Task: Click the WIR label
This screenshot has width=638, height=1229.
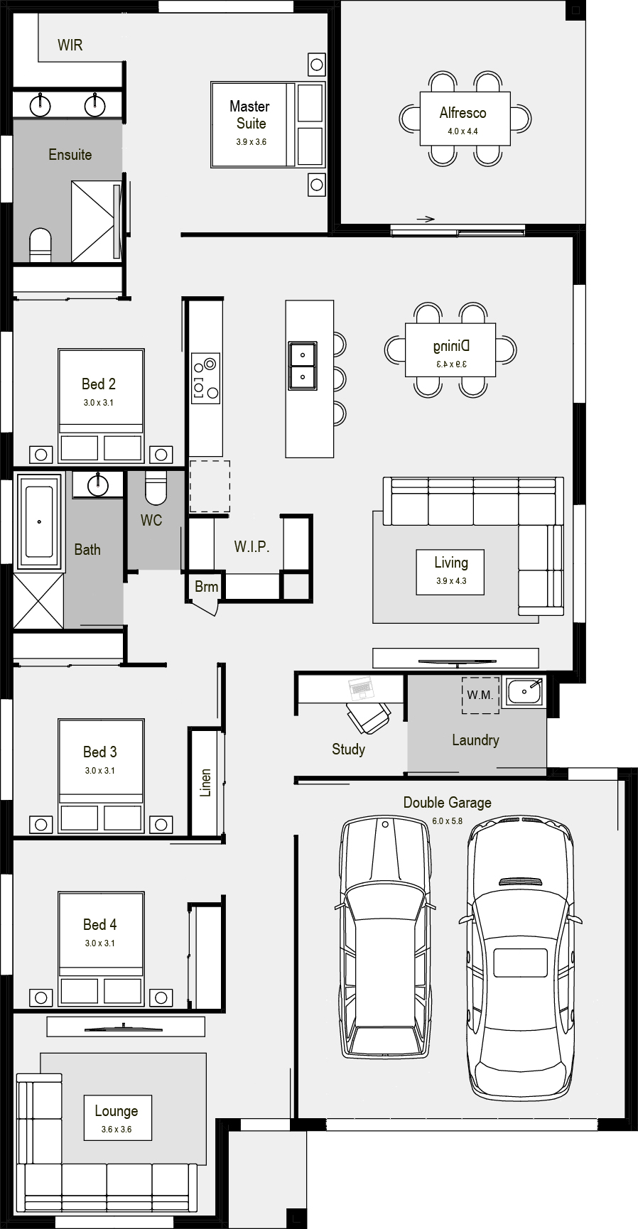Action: click(70, 45)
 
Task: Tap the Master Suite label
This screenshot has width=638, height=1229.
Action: click(250, 114)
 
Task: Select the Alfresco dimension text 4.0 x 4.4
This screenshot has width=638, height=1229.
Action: click(463, 131)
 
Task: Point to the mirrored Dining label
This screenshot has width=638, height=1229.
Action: click(451, 346)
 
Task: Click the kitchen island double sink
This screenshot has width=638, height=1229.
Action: click(302, 365)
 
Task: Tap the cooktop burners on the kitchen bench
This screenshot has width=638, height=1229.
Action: click(205, 378)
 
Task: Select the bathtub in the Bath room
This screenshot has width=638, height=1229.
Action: click(39, 521)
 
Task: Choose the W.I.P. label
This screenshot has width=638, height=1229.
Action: click(252, 547)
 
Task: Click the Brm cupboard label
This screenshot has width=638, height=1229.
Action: click(207, 587)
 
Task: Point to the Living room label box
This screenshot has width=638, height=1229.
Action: click(451, 571)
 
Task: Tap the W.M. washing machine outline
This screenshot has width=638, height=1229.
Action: click(481, 695)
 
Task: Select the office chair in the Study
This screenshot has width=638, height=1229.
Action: click(368, 717)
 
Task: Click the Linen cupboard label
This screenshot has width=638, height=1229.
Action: click(206, 782)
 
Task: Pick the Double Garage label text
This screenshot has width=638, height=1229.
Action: click(448, 803)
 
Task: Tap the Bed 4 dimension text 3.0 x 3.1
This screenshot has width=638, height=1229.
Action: click(99, 943)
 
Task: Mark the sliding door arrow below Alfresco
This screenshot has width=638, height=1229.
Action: click(426, 219)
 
